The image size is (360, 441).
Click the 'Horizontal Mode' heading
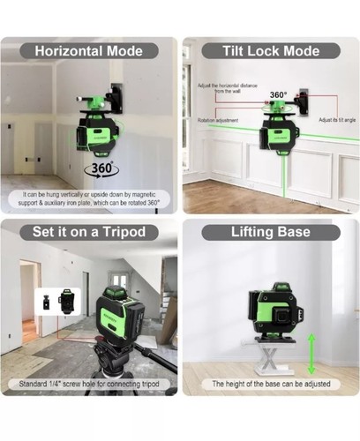click(x=90, y=50)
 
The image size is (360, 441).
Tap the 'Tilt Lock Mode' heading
click(x=270, y=50)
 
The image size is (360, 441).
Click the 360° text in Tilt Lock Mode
click(x=278, y=94)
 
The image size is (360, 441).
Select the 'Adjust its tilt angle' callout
click(x=334, y=118)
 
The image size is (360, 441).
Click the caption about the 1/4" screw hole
click(x=90, y=385)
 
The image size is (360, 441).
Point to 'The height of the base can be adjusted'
click(x=270, y=385)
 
